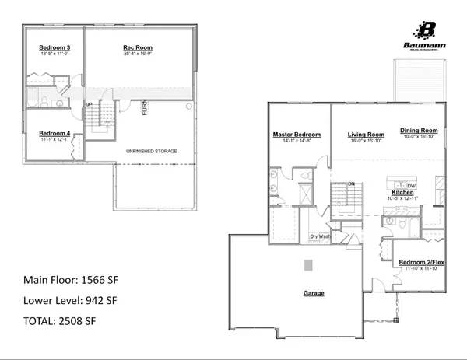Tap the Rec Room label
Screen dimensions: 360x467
(137, 48)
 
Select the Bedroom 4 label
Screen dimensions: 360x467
(54, 133)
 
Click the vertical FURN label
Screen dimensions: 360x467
(144, 108)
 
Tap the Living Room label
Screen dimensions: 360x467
(366, 135)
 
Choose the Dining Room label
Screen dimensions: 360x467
(419, 130)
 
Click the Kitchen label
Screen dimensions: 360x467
(402, 192)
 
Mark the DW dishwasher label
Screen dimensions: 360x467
(412, 186)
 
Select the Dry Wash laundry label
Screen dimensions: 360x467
(320, 236)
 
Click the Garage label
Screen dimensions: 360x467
(314, 293)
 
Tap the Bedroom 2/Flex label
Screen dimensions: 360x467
(419, 263)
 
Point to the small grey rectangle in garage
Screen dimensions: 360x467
(308, 264)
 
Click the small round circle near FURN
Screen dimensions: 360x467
(190, 107)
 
